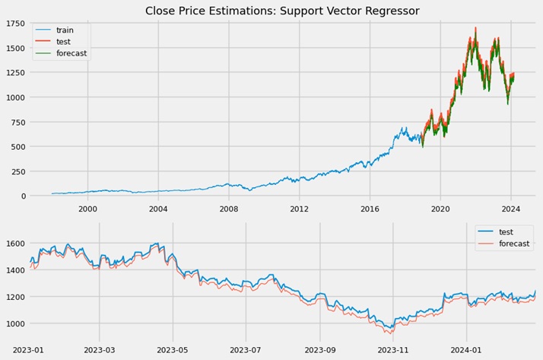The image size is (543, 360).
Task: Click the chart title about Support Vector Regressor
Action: tap(282, 11)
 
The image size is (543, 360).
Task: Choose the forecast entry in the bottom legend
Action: tap(514, 244)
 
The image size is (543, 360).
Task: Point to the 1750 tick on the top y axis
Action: tap(15, 24)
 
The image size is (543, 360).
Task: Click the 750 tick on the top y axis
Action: tap(17, 123)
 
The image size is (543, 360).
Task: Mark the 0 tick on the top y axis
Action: tap(23, 196)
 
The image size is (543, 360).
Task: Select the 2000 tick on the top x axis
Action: tap(87, 208)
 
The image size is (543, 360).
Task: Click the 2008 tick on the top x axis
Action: tap(229, 208)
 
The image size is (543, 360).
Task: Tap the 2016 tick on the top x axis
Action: tap(370, 208)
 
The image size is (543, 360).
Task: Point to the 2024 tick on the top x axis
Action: tap(511, 208)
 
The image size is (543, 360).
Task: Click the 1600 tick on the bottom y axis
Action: tap(15, 243)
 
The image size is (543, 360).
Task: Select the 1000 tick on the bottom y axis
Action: tap(15, 323)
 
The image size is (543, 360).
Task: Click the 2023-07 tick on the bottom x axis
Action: tap(246, 349)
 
